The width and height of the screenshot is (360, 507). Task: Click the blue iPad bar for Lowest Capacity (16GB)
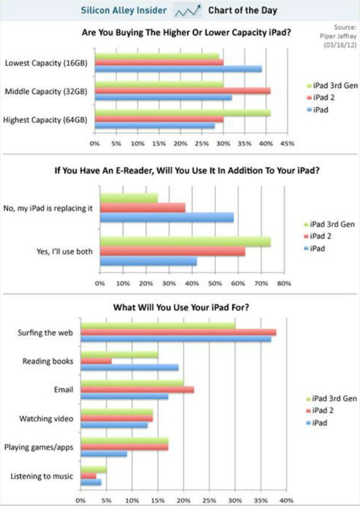(x=177, y=69)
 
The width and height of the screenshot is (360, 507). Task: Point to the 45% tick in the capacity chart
(x=287, y=143)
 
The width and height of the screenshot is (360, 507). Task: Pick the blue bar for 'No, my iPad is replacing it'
(x=166, y=217)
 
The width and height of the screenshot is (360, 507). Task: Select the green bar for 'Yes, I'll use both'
(x=185, y=241)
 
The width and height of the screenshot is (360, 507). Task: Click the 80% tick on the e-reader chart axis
(x=284, y=283)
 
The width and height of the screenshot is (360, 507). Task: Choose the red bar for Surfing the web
(x=178, y=332)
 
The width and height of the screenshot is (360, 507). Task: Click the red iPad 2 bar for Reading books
(x=96, y=361)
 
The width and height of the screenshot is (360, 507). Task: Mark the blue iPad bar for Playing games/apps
(x=103, y=454)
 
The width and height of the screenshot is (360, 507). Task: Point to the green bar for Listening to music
(x=93, y=469)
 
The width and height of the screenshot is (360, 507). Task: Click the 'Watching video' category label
(x=46, y=418)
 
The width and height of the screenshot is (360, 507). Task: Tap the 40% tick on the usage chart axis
(x=286, y=501)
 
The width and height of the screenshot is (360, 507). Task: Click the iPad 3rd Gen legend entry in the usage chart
(x=332, y=399)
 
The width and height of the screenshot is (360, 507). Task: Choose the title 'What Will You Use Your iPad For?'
(x=181, y=307)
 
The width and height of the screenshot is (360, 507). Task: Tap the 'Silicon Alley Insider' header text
(x=123, y=11)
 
